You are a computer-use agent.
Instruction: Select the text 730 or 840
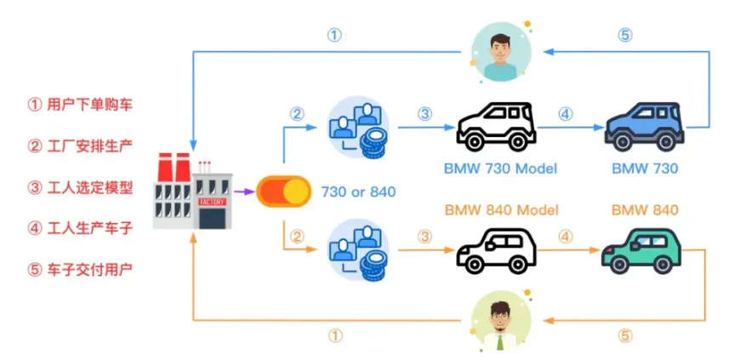[x=359, y=191]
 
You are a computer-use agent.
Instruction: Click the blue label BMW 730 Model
[x=500, y=169]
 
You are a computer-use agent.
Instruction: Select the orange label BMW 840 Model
[x=500, y=210]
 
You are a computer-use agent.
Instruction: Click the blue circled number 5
[x=625, y=36]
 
